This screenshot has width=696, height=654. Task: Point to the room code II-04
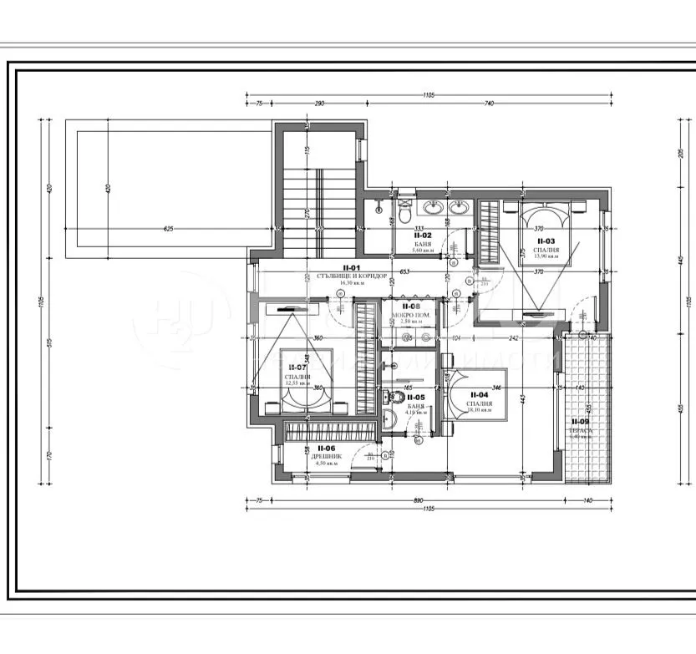pyautogui.click(x=480, y=395)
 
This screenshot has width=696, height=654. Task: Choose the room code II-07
pyautogui.click(x=297, y=367)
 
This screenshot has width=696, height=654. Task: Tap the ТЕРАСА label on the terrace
pyautogui.click(x=579, y=429)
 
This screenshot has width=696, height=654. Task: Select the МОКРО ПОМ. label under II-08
pyautogui.click(x=412, y=315)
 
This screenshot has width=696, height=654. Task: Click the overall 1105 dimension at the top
pyautogui.click(x=429, y=94)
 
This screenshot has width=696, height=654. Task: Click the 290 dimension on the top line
pyautogui.click(x=319, y=104)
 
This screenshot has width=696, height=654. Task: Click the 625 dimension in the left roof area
pyautogui.click(x=168, y=228)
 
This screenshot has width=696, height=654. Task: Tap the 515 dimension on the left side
pyautogui.click(x=49, y=344)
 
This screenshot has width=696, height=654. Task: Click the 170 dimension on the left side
pyautogui.click(x=49, y=455)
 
